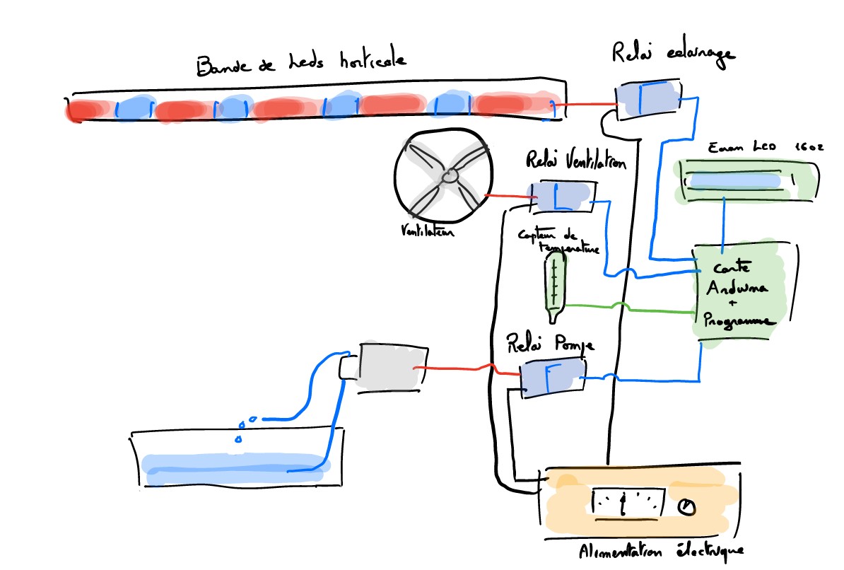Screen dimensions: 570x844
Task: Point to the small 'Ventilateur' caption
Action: [426, 231]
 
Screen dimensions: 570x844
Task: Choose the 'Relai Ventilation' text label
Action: [575, 162]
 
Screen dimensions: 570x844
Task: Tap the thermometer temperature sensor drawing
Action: [555, 283]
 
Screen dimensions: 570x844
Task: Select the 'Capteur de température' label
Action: [559, 241]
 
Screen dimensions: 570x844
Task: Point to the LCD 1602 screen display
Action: [737, 181]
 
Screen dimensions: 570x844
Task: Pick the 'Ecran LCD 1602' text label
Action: [757, 148]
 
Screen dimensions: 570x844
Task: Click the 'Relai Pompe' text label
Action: [551, 344]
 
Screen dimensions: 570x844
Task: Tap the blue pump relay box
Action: [551, 375]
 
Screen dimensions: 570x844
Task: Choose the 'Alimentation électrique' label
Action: [660, 550]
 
